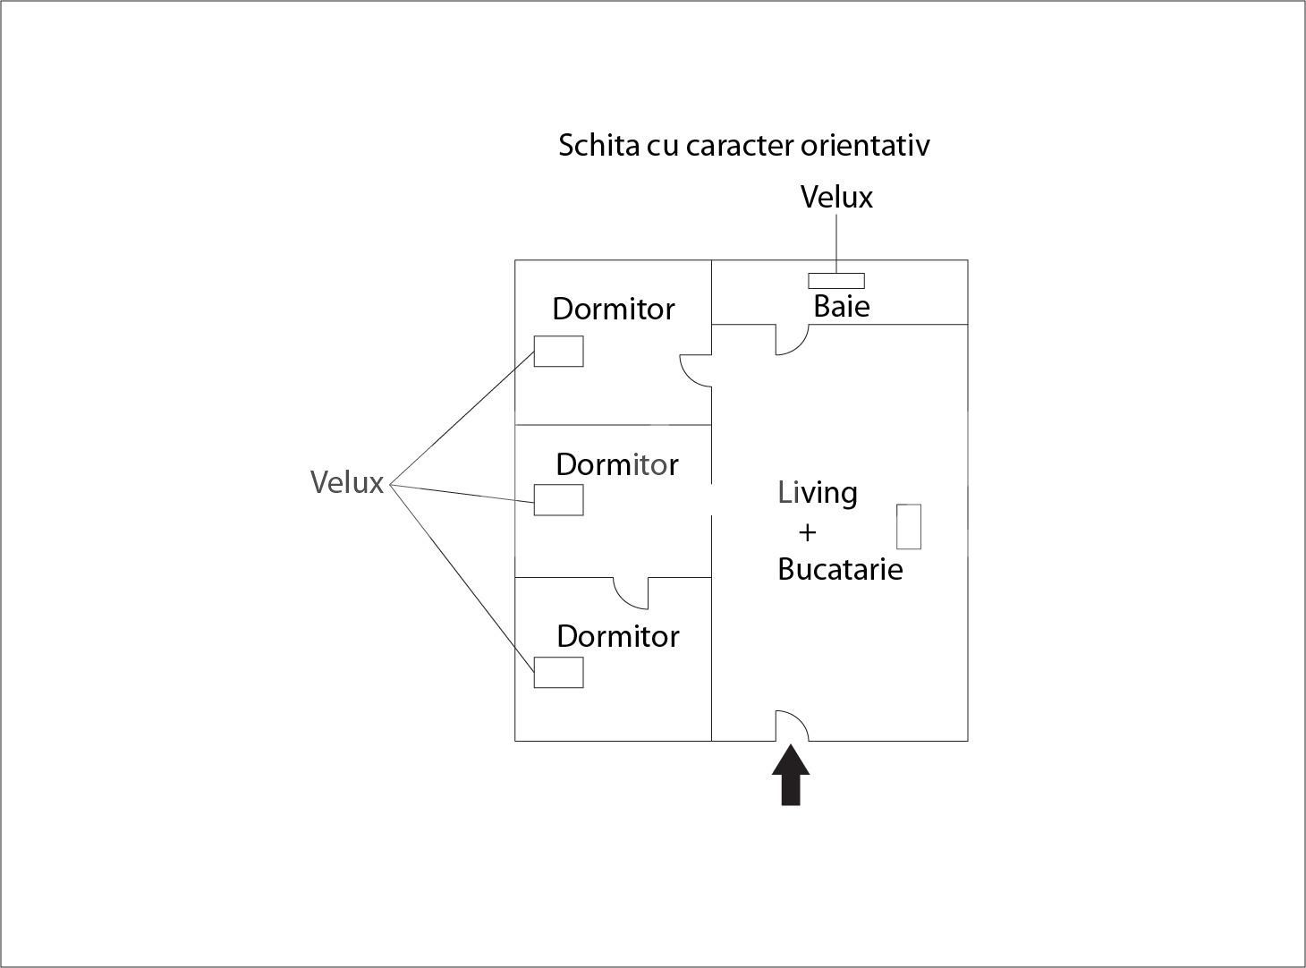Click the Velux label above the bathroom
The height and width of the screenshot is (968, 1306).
[x=836, y=197]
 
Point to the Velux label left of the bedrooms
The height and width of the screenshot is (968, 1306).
[x=347, y=482]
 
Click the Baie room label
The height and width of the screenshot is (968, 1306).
[x=841, y=307]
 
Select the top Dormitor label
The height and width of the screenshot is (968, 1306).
[x=613, y=309]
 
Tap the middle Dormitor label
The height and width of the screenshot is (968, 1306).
[x=616, y=464]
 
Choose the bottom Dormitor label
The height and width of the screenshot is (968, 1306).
[x=617, y=636]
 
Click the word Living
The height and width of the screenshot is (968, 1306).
[x=818, y=493]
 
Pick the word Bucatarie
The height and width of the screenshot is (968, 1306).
[x=840, y=569]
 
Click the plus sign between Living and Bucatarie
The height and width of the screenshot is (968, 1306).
[x=807, y=532]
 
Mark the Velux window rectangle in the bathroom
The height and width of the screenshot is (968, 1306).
[x=836, y=281]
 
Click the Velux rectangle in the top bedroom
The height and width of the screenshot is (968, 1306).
[x=558, y=351]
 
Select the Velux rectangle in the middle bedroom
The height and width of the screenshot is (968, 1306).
[x=558, y=499]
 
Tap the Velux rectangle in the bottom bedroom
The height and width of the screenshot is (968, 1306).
[x=558, y=672]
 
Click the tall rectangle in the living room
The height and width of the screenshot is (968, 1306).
[x=909, y=526]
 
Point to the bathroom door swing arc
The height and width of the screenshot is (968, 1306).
[x=793, y=343]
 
